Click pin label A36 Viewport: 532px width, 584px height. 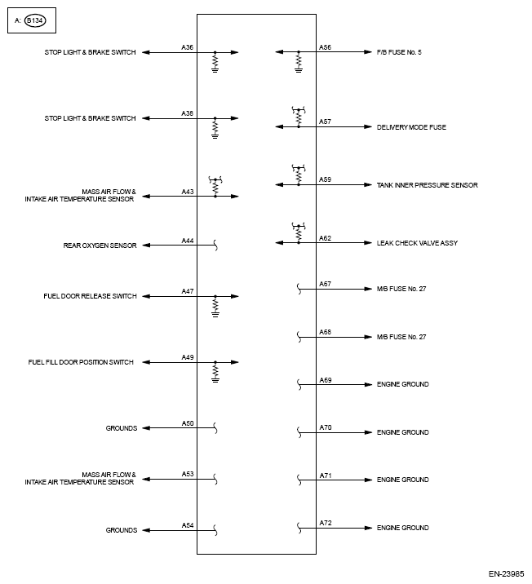[x=188, y=47]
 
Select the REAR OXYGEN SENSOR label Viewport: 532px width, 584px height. [x=101, y=245]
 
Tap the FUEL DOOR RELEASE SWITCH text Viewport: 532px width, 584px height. [x=90, y=296]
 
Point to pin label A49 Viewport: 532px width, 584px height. [x=188, y=357]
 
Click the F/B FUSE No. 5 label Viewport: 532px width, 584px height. [x=399, y=52]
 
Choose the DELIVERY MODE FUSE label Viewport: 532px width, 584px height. [x=411, y=127]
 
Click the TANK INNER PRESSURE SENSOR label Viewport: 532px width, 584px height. [x=427, y=185]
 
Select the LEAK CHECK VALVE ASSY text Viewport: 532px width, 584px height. [x=416, y=243]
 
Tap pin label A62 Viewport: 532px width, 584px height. [x=325, y=238]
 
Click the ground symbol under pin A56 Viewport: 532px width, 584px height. [x=298, y=70]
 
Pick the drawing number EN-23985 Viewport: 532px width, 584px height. [x=508, y=573]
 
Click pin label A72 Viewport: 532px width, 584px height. [x=325, y=523]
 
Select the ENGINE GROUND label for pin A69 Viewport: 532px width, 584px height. [x=402, y=384]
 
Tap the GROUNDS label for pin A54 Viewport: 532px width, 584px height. [x=121, y=530]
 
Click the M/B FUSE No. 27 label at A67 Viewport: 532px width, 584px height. [x=401, y=289]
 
